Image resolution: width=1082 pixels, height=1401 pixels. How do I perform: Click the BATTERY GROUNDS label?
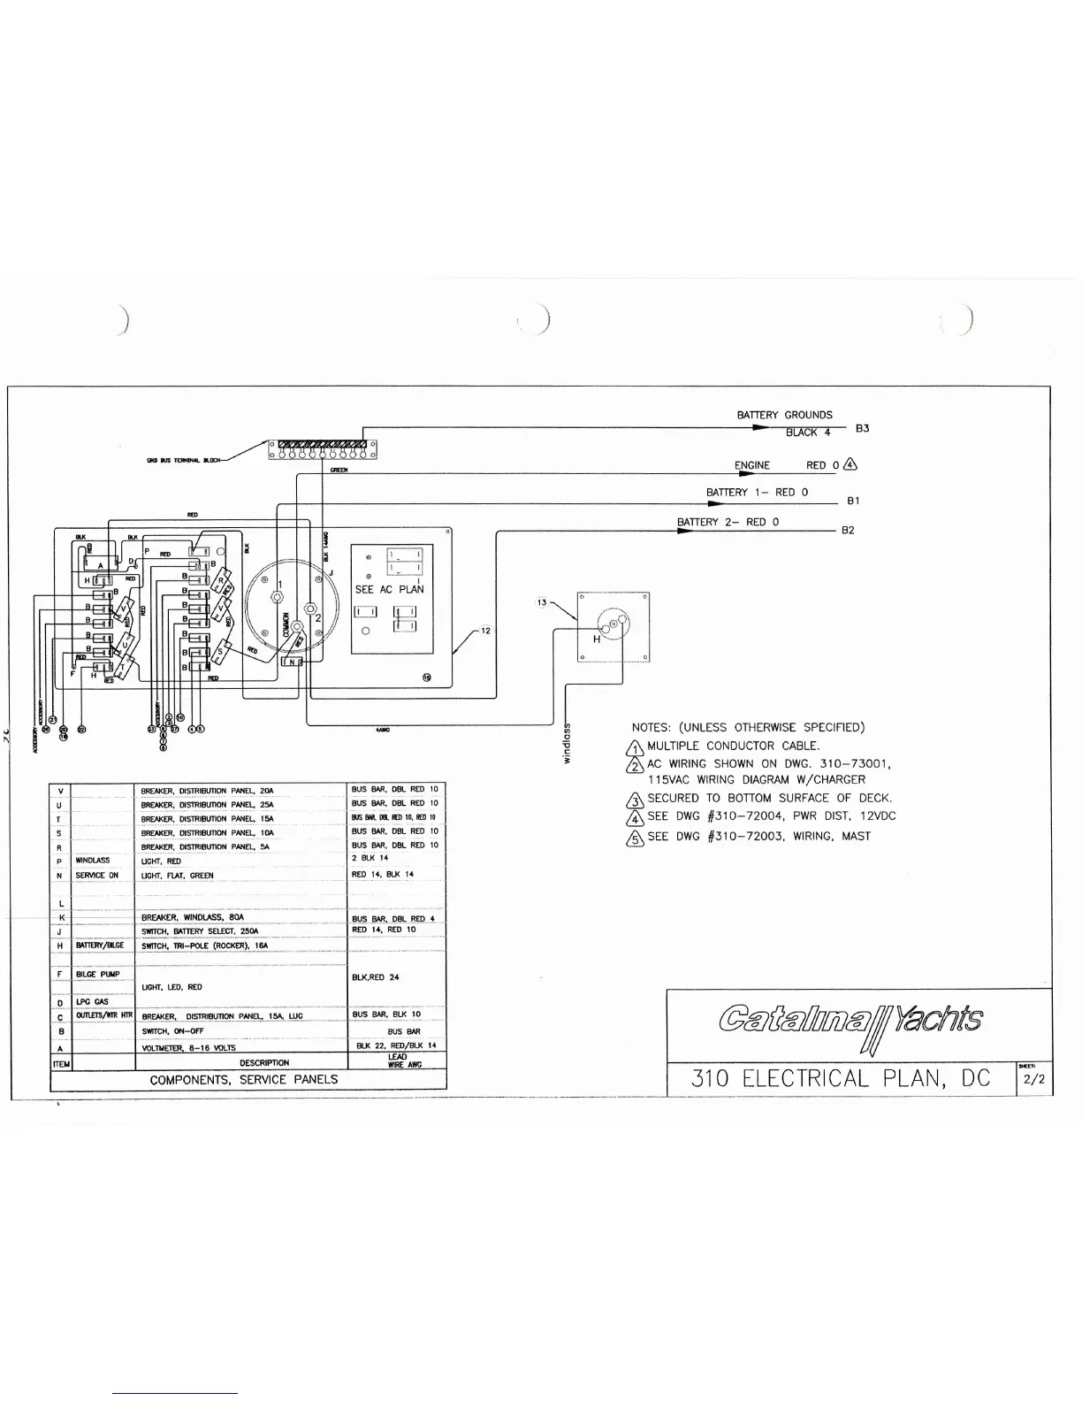[784, 415]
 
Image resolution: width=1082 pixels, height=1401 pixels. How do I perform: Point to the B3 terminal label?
[862, 428]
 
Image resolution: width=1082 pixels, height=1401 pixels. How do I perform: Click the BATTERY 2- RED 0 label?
[728, 522]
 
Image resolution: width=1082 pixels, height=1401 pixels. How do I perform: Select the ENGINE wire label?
[751, 465]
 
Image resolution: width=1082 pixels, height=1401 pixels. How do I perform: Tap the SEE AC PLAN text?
[389, 589]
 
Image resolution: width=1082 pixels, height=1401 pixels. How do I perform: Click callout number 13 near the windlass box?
[543, 602]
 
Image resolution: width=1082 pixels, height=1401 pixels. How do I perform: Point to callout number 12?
[485, 631]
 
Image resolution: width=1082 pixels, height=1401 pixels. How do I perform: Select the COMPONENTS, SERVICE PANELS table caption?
[244, 1079]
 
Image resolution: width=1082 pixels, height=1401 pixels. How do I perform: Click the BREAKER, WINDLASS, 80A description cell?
[193, 918]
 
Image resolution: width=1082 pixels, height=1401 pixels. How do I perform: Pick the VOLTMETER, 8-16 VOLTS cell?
[188, 1047]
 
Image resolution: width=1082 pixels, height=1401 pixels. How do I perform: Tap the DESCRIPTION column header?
[263, 1063]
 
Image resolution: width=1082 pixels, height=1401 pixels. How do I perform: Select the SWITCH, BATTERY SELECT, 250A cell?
[200, 931]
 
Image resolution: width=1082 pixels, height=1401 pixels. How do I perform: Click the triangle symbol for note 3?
[634, 800]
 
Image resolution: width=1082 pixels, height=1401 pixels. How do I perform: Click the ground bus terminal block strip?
[323, 444]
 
